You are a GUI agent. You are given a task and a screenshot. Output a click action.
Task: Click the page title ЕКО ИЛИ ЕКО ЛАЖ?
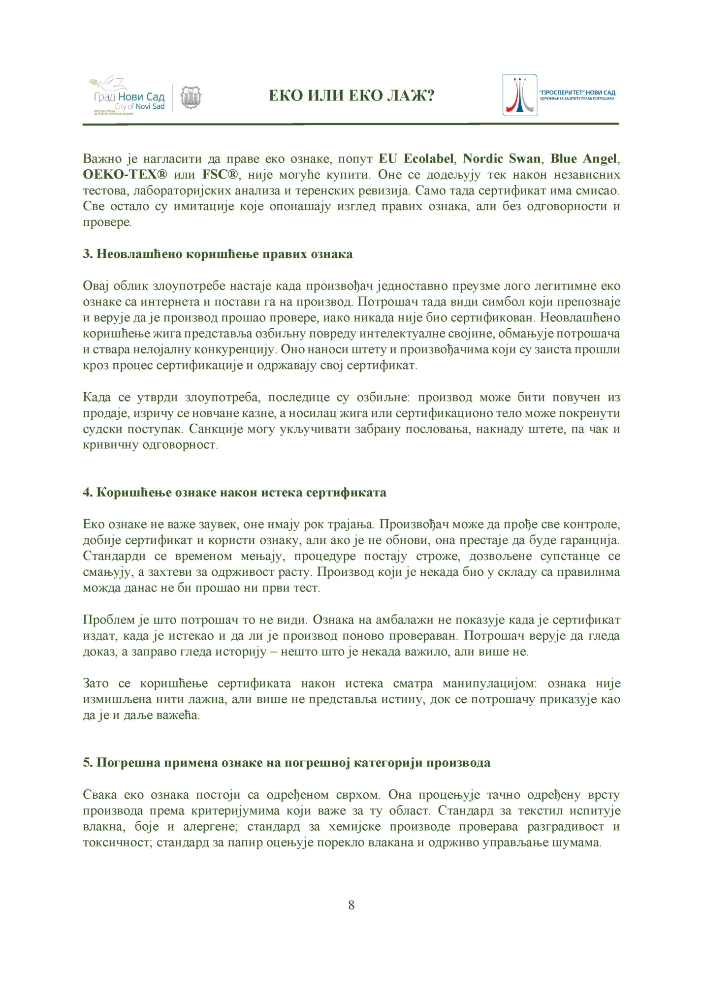click(x=351, y=95)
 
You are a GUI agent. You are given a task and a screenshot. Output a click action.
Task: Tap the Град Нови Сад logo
click(x=127, y=97)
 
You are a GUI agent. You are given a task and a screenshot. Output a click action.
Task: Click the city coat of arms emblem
click(x=191, y=97)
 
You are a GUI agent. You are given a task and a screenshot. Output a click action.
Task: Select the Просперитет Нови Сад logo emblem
click(x=519, y=95)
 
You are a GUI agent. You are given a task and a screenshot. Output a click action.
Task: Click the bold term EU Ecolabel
click(x=416, y=159)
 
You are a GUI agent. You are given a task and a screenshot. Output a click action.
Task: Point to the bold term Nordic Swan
click(x=502, y=159)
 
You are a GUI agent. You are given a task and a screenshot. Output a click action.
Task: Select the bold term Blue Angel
click(x=583, y=159)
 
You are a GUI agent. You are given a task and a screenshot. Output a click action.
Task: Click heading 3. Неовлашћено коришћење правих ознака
click(x=218, y=254)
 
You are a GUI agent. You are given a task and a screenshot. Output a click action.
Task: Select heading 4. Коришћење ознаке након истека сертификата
click(x=234, y=493)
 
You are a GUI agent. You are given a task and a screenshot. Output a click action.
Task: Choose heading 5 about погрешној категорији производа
click(x=287, y=763)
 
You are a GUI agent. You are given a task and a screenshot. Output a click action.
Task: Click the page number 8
click(x=351, y=905)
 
